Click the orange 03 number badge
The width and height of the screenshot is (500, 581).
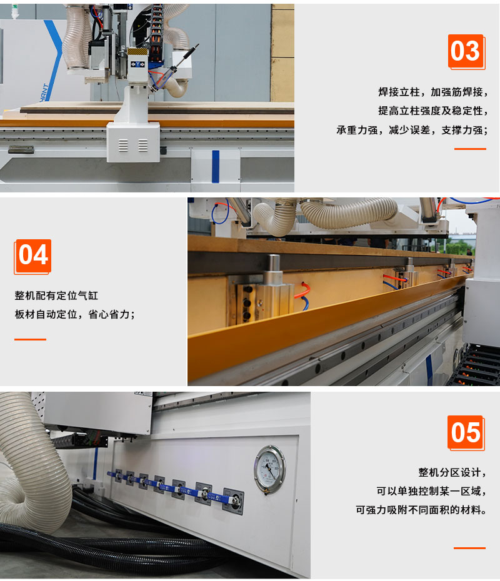(466, 51)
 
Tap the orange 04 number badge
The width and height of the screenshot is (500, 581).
(32, 256)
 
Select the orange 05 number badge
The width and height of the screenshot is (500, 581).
(466, 433)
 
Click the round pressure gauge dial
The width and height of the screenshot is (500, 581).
(270, 469)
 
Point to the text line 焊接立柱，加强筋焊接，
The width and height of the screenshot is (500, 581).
(433, 92)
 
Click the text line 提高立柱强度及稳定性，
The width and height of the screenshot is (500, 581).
(433, 111)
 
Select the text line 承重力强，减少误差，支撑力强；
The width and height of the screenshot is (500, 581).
(412, 130)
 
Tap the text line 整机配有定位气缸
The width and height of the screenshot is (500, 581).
(56, 295)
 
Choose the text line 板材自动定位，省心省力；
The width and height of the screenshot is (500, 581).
(75, 314)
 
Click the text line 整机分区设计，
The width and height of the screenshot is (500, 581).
(452, 472)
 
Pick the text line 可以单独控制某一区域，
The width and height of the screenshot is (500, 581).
(431, 491)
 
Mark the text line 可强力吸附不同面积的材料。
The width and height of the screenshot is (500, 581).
(421, 510)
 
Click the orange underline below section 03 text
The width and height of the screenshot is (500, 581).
(471, 149)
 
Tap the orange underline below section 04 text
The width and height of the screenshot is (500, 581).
(31, 339)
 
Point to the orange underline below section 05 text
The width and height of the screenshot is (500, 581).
(469, 548)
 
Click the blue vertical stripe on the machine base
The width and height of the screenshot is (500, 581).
(216, 166)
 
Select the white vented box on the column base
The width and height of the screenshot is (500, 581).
(133, 142)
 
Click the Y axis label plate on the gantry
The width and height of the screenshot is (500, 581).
(137, 64)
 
